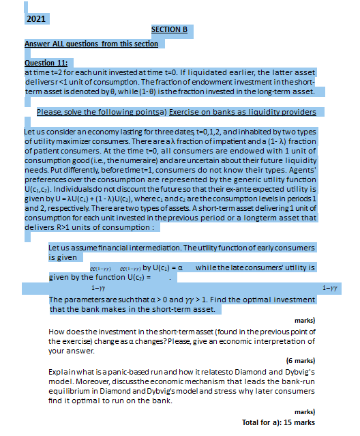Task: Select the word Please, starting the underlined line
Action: pos(50,112)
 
